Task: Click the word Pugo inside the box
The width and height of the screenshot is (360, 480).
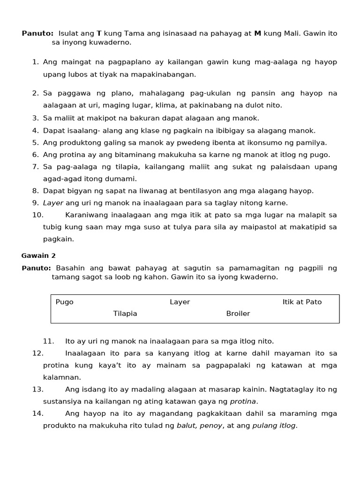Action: pos(65,302)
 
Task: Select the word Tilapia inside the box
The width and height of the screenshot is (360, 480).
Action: pos(125,314)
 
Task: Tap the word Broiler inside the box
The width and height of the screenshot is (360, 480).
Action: pos(238,314)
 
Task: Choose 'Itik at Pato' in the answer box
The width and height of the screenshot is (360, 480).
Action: pos(302,302)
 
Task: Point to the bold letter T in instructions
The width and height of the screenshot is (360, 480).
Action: pos(99,34)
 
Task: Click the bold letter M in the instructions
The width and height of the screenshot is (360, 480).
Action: pos(257,34)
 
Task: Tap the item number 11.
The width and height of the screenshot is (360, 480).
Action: pos(48,341)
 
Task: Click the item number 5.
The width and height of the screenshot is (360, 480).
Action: pos(35,142)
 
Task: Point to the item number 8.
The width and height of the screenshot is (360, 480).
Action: pos(35,191)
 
